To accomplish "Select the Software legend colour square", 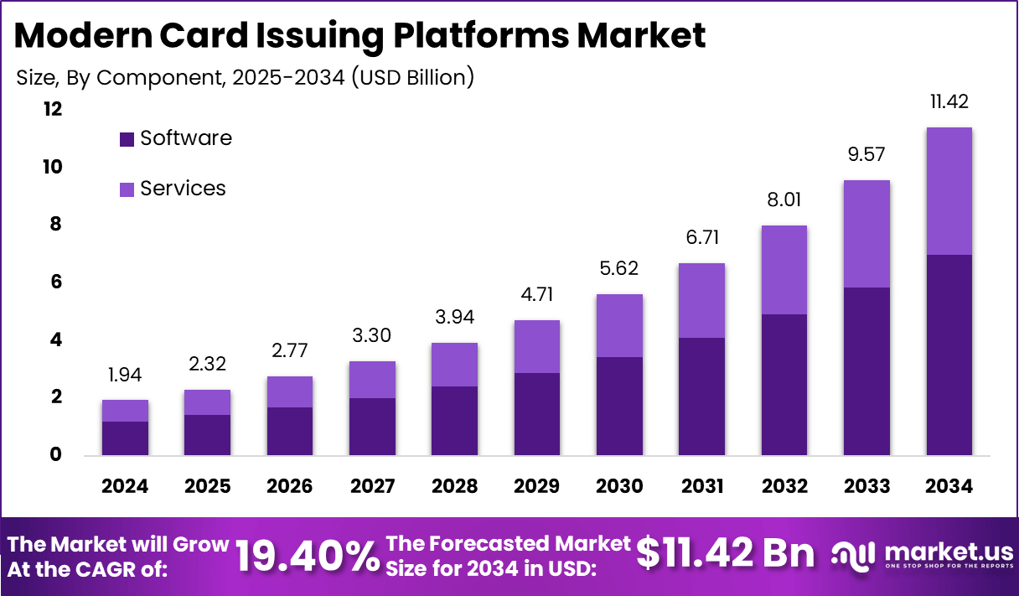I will [127, 139].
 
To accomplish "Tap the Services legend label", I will [183, 189].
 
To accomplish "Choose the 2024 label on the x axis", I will [125, 486].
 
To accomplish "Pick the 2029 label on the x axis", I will [537, 486].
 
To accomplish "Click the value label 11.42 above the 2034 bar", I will [949, 102].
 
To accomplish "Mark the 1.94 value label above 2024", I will [125, 375].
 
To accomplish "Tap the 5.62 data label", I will [619, 268].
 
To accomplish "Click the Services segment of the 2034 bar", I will [949, 191].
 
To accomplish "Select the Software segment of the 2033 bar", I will [866, 371].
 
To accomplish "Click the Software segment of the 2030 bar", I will [619, 406].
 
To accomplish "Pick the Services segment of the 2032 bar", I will [784, 270].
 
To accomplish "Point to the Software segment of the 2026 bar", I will [289, 431].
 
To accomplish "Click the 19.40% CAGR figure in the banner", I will [307, 556].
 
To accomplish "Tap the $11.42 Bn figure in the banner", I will [725, 553].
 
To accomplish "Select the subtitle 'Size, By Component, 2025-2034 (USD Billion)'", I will [246, 78].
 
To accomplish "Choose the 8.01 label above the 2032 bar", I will [784, 200].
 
